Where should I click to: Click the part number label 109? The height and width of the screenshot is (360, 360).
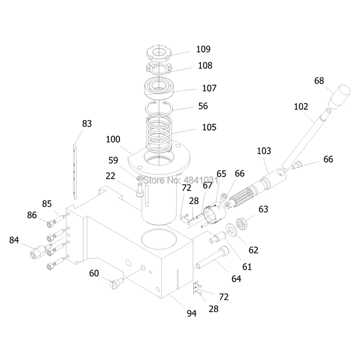(203, 49)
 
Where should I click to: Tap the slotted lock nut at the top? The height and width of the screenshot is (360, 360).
(159, 53)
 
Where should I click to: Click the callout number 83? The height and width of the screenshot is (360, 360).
(87, 124)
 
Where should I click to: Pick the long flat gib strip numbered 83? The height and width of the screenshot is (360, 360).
(75, 171)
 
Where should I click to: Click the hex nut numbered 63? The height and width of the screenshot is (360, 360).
(242, 223)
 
